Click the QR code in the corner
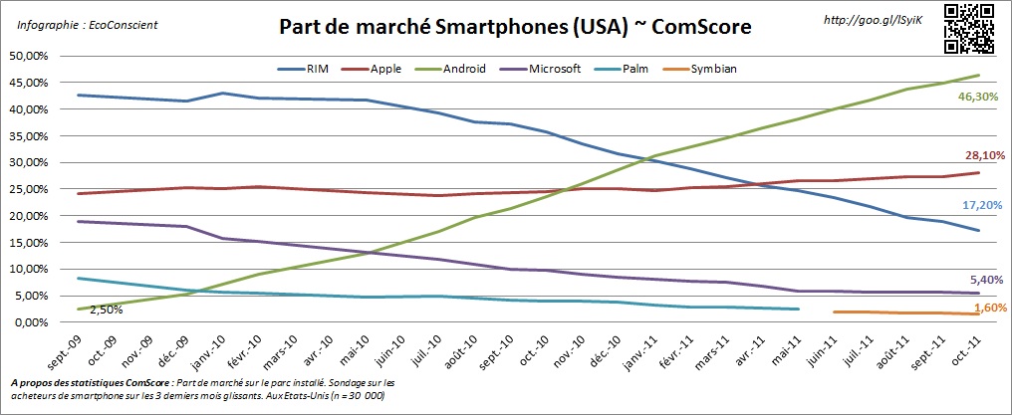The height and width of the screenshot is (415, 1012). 968,29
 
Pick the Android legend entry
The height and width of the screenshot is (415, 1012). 456,71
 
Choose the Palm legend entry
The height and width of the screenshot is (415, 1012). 630,71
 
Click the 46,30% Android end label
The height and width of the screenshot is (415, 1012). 977,96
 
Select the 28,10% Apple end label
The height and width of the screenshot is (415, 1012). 977,155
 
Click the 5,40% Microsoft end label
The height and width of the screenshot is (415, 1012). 979,280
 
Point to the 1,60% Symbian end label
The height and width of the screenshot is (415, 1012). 979,309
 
